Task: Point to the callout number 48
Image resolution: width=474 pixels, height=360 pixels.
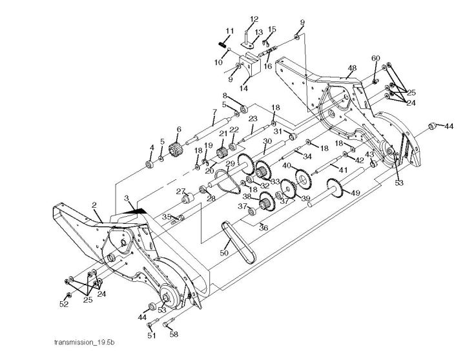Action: click(353, 68)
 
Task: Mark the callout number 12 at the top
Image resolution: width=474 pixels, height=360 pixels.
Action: click(254, 19)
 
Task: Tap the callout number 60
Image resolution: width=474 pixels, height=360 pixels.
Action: click(375, 58)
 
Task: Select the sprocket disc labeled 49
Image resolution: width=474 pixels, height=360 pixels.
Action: click(335, 188)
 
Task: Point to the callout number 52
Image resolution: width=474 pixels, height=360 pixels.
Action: click(64, 303)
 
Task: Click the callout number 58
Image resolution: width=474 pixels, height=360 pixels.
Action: click(174, 334)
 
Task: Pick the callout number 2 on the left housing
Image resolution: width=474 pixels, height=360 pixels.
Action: click(94, 205)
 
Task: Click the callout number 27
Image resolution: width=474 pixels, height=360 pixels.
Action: click(181, 190)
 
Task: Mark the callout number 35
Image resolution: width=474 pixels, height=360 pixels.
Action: click(165, 217)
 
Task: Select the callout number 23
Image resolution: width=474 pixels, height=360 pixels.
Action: click(252, 119)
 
